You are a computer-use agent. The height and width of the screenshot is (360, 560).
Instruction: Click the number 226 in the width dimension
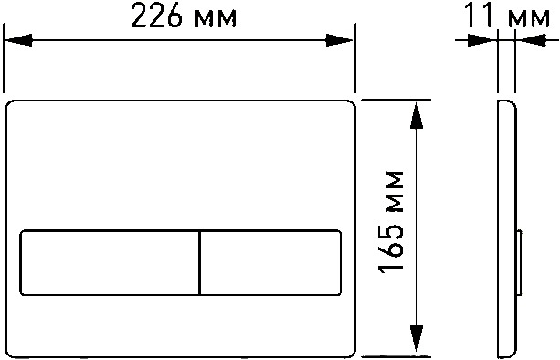[x=156, y=16]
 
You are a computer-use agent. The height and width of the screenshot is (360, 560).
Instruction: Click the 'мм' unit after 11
[x=529, y=19]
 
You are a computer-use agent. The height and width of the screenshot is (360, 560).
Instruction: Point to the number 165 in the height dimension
[x=391, y=246]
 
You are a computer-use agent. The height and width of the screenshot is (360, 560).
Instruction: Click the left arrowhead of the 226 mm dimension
[x=18, y=40]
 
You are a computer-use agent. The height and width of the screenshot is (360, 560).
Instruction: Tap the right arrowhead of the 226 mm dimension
[x=339, y=40]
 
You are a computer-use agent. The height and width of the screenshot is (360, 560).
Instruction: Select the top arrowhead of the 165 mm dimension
[x=417, y=115]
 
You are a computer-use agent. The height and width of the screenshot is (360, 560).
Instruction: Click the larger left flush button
[x=110, y=263]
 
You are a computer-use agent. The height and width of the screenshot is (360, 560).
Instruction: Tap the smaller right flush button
[x=270, y=263]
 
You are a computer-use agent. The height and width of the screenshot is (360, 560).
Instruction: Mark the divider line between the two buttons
[x=200, y=263]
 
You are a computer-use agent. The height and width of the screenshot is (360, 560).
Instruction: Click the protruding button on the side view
[x=520, y=262]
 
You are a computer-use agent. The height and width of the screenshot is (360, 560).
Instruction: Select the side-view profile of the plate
[x=507, y=229]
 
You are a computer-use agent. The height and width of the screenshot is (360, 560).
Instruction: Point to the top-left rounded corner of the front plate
[x=9, y=104]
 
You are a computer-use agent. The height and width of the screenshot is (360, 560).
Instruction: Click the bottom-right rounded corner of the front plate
[x=353, y=354]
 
